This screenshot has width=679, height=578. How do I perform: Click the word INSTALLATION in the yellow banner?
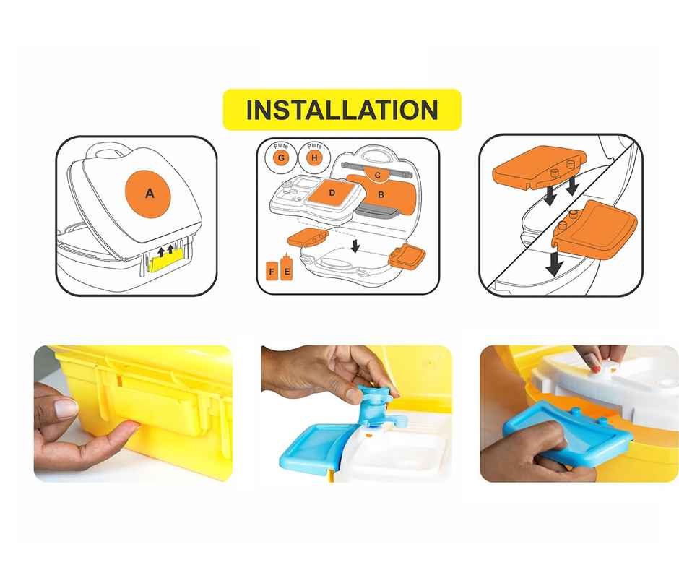pos(342,110)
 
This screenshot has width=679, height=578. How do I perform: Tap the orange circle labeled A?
pos(148,194)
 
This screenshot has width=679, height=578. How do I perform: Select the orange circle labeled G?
pos(281,158)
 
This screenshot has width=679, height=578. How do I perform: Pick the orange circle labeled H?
pos(314,158)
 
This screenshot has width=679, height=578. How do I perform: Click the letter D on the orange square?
pos(332,193)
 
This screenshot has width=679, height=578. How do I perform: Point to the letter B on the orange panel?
pos(381,194)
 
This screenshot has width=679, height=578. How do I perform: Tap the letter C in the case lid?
pos(378,175)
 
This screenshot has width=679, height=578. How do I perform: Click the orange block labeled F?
pos(272,271)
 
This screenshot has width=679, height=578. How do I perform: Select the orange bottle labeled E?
pos(286,268)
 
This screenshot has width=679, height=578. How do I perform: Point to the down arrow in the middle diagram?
pos(355,246)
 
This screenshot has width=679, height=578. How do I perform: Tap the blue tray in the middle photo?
pos(314,446)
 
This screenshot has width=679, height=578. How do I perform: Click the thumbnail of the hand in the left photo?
pos(66,407)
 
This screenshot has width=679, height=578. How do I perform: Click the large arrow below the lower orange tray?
pos(553,262)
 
